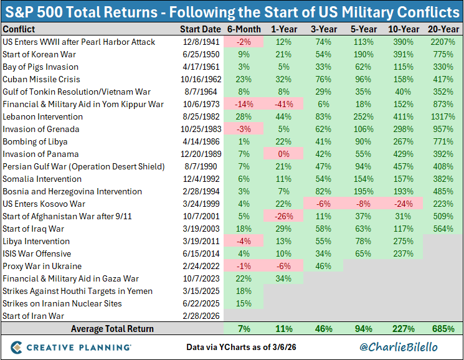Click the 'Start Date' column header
point(200,29)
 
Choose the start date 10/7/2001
point(200,216)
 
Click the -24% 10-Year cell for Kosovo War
point(402,204)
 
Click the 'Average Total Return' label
point(112,328)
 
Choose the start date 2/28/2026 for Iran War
point(200,316)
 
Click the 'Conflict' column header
point(19,29)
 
